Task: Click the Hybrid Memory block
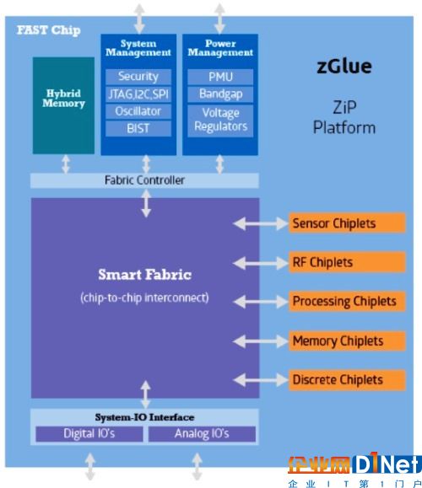click(63, 105)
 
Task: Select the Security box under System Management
click(138, 77)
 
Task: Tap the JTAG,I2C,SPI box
click(138, 94)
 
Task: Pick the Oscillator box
click(138, 111)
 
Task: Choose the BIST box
click(138, 129)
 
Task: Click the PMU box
click(220, 77)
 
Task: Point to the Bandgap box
click(220, 94)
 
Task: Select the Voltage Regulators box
click(220, 121)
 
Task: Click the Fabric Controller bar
click(144, 180)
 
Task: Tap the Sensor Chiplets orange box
click(347, 223)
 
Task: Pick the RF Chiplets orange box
click(347, 262)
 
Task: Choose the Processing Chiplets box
click(347, 301)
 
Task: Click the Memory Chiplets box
click(347, 341)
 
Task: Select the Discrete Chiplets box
click(347, 379)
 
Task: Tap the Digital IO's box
click(89, 433)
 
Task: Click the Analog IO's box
click(202, 433)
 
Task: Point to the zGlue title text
click(344, 67)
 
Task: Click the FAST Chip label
click(49, 30)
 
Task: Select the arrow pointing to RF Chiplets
click(260, 263)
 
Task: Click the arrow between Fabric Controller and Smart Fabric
click(146, 203)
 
